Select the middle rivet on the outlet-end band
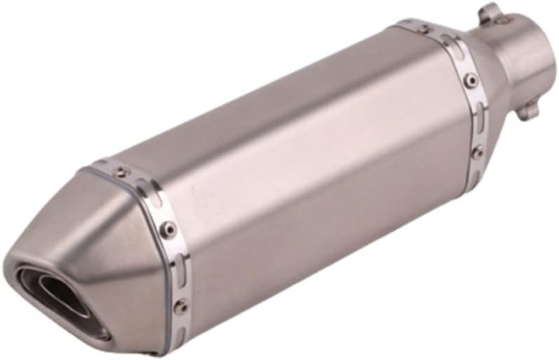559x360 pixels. click(x=167, y=228)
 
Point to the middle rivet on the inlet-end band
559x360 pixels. click(x=469, y=78)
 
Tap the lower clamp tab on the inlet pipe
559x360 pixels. click(x=528, y=111)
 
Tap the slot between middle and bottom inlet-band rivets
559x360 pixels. click(x=475, y=112)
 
